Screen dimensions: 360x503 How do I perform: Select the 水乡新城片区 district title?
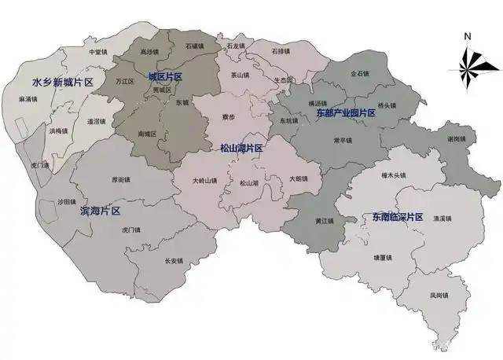(63, 82)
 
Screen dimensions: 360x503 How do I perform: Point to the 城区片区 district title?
(165, 76)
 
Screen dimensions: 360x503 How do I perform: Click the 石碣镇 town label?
(195, 46)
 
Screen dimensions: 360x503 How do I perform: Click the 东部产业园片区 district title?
(346, 113)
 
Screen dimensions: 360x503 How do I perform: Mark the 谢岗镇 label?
(457, 139)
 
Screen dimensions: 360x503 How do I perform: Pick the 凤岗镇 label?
(439, 296)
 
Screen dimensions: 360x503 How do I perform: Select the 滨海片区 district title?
(100, 211)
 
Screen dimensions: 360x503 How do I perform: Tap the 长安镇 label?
(173, 261)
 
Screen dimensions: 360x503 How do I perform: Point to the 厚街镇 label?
(122, 179)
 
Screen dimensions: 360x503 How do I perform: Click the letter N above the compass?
(467, 36)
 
